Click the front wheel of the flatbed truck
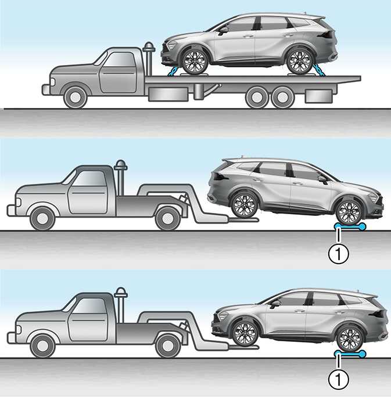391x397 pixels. click(x=76, y=98)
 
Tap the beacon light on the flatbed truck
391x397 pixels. click(x=149, y=47)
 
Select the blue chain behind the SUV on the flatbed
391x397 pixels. click(x=320, y=70)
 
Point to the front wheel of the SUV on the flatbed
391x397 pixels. click(x=195, y=62)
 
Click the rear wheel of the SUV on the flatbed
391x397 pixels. click(x=300, y=62)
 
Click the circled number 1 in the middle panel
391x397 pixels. click(x=339, y=254)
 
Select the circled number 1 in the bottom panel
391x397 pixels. click(x=339, y=379)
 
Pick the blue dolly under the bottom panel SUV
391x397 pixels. click(x=350, y=353)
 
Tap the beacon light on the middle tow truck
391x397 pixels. click(x=121, y=165)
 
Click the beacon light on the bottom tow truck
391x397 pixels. click(x=121, y=293)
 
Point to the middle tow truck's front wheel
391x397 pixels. click(x=42, y=218)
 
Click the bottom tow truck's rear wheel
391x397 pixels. click(x=167, y=346)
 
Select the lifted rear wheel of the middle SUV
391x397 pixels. click(x=244, y=205)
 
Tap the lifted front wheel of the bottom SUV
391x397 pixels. click(x=245, y=333)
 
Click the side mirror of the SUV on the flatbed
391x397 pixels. click(x=223, y=31)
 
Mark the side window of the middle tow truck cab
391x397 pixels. click(x=90, y=178)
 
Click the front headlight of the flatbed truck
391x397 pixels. click(x=52, y=82)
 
